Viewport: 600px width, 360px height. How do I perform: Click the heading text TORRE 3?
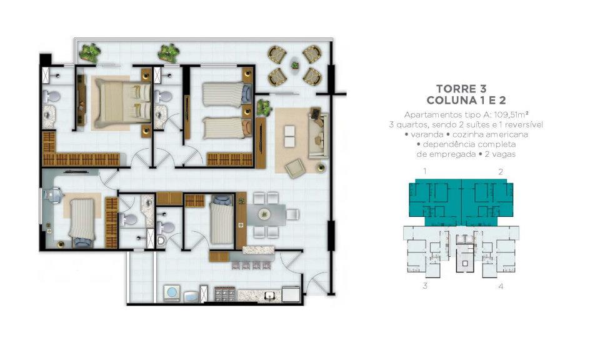(x=461, y=89)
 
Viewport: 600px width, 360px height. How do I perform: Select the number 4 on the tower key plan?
(x=501, y=286)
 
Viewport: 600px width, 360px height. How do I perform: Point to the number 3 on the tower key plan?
(x=425, y=286)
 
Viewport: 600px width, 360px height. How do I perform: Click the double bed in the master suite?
(x=122, y=103)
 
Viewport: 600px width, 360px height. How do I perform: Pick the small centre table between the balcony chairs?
(x=294, y=65)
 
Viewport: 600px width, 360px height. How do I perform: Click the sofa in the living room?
(x=318, y=136)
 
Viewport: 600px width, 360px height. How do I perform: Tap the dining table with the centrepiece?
(x=266, y=215)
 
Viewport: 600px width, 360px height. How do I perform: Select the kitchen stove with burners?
(x=225, y=294)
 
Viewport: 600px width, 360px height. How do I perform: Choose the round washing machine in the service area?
(x=172, y=292)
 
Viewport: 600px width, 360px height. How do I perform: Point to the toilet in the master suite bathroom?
(x=51, y=96)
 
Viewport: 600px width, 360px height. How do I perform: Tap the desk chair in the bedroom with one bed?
(x=53, y=194)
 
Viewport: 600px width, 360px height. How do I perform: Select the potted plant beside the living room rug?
(x=264, y=107)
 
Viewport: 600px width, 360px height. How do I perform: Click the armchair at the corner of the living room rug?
(x=295, y=168)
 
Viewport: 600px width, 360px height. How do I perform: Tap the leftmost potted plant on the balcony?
(x=90, y=52)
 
